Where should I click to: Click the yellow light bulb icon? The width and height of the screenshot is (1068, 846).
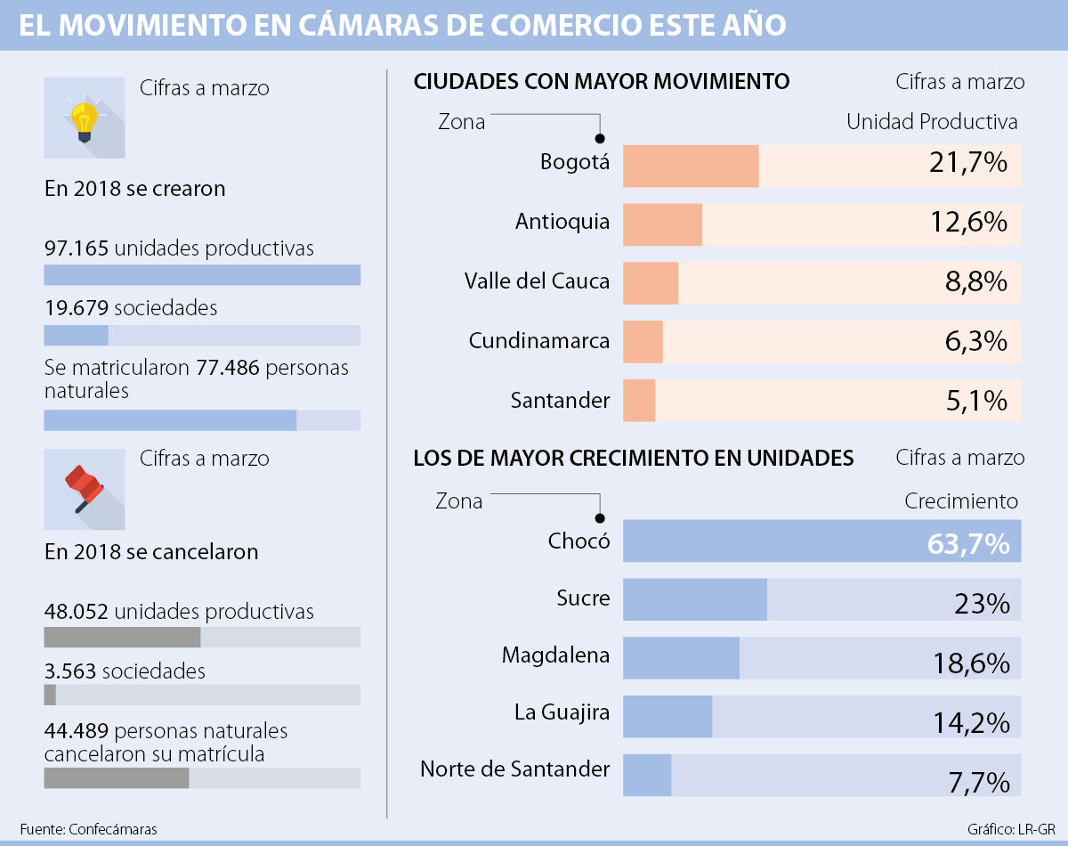[x=84, y=120]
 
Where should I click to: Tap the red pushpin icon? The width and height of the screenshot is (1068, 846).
[x=84, y=489]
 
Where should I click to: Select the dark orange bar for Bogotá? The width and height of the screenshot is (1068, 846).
[x=691, y=167]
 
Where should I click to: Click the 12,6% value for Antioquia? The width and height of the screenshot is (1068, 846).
[x=971, y=223]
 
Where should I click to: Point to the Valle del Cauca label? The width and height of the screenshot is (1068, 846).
[x=537, y=281]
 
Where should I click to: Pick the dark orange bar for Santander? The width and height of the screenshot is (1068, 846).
[x=639, y=401]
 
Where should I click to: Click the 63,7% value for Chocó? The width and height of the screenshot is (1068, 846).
[x=968, y=543]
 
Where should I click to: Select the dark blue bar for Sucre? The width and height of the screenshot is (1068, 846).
[x=695, y=599]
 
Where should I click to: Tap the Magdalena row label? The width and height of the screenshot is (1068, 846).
[x=555, y=655]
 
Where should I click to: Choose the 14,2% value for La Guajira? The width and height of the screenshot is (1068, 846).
[x=971, y=721]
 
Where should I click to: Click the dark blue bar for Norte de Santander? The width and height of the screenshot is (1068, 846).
[x=647, y=775]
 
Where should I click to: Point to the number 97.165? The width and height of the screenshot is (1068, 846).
[x=77, y=248]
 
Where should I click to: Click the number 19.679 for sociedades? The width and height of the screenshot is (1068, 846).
[x=77, y=308]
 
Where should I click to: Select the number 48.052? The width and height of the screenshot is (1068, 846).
[x=77, y=612]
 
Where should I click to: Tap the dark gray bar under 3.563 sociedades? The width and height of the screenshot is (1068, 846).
[x=50, y=695]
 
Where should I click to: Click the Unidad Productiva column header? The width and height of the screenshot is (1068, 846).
[x=931, y=121]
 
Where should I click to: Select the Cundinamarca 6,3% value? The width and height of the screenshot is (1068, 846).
[x=975, y=342]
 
